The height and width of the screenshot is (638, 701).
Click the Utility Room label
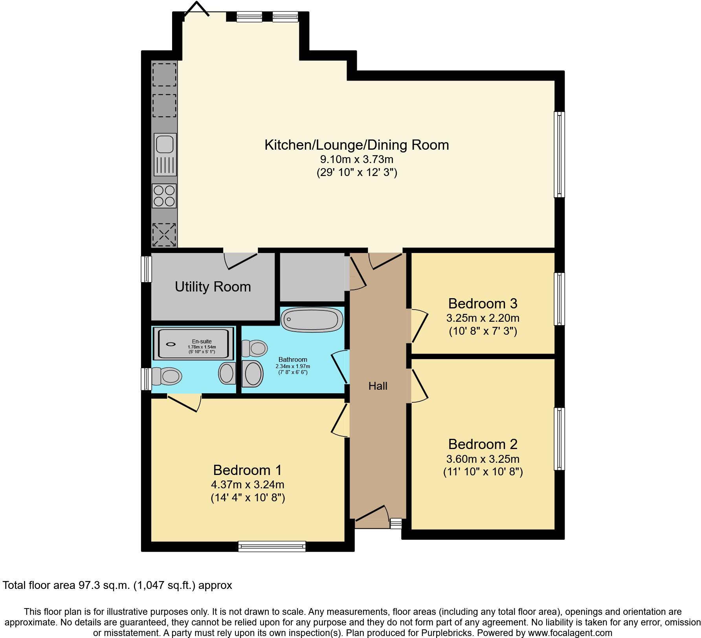point(213,287)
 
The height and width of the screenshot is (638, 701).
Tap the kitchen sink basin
point(165,144)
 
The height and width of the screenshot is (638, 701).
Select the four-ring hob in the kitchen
point(164,196)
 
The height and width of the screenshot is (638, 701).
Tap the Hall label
point(378,386)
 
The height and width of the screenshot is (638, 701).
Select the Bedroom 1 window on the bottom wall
point(272,546)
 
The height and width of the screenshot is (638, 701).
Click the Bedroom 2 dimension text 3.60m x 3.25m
point(483,459)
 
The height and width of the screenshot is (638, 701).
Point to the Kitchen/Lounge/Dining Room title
point(356,145)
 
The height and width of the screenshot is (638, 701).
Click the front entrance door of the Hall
point(371,514)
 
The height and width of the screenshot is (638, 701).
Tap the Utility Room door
point(242,261)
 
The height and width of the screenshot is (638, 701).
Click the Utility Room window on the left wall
point(147,269)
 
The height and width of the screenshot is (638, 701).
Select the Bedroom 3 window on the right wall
point(559,299)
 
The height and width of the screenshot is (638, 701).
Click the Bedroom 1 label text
point(247,470)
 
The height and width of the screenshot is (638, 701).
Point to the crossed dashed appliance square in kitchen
point(164,235)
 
